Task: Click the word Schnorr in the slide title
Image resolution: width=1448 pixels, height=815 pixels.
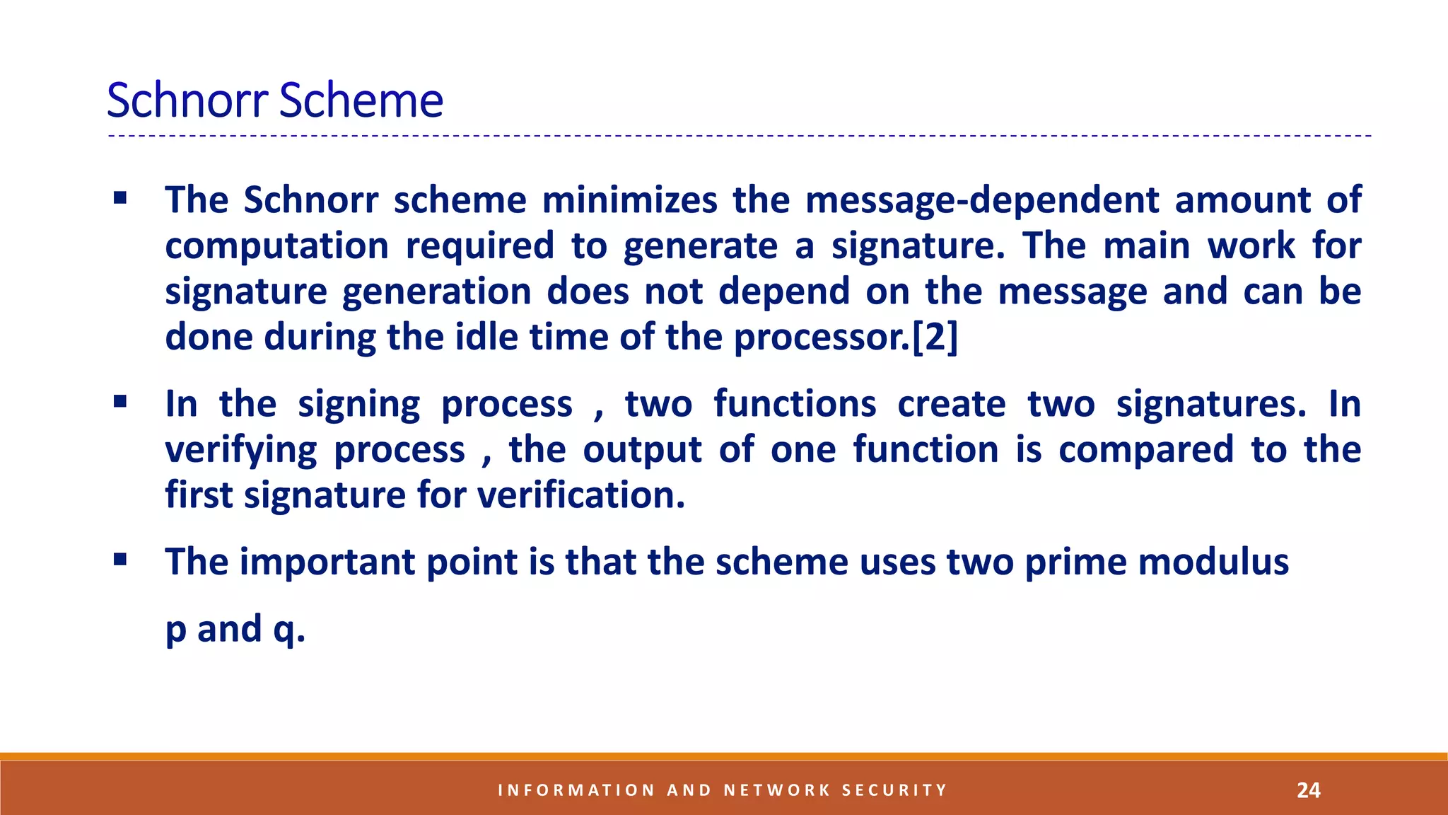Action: pos(187,100)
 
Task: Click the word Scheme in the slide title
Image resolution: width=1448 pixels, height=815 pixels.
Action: pos(361,100)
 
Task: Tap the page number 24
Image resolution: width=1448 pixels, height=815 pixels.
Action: pos(1308,790)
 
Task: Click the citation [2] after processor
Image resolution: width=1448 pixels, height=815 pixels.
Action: pos(935,337)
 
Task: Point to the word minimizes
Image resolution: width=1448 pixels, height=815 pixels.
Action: pos(629,200)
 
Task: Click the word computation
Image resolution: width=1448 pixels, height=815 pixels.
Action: pos(276,247)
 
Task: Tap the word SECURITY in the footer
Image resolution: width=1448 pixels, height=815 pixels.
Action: pos(894,790)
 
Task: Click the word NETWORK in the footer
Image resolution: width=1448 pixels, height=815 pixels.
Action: pos(776,790)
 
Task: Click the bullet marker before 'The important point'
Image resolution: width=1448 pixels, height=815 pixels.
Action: pos(119,561)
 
